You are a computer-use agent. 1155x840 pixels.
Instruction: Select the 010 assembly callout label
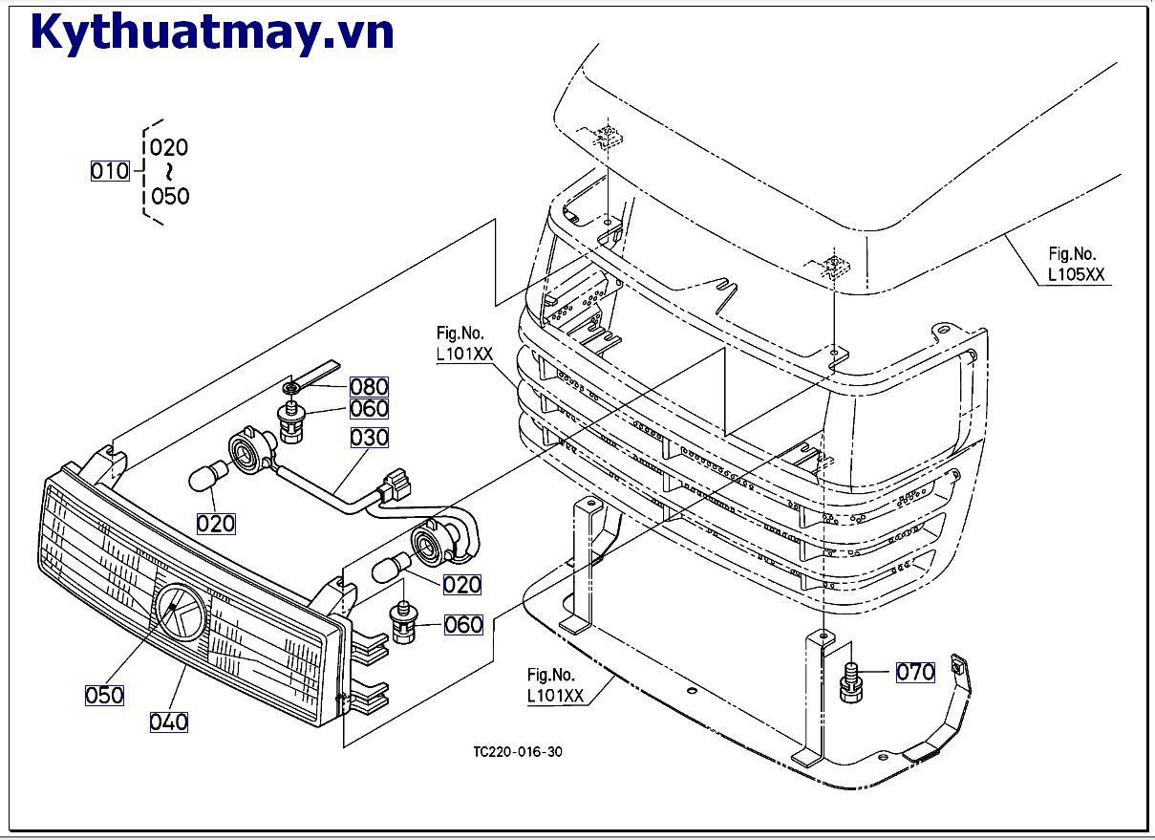click(110, 171)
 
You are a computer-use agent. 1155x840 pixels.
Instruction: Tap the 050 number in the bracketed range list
click(170, 197)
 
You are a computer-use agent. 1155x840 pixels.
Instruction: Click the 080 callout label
click(369, 387)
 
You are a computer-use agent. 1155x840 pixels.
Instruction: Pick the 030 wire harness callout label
click(369, 438)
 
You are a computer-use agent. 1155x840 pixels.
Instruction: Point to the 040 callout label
click(168, 722)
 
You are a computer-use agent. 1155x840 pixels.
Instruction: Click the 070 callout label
click(914, 672)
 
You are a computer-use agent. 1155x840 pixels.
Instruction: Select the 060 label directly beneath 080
click(369, 409)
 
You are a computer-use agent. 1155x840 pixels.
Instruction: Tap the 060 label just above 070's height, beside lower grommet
click(463, 625)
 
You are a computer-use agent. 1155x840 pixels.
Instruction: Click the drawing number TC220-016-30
click(518, 752)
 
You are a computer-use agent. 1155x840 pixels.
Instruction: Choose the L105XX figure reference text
click(1076, 274)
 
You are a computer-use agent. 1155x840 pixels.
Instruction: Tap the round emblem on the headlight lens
click(182, 613)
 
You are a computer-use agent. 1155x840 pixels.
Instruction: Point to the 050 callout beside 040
click(104, 695)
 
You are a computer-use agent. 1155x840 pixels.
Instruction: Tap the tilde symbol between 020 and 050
click(169, 172)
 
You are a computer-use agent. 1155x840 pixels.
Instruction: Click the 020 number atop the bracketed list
click(169, 147)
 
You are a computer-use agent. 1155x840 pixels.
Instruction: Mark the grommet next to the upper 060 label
click(289, 422)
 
